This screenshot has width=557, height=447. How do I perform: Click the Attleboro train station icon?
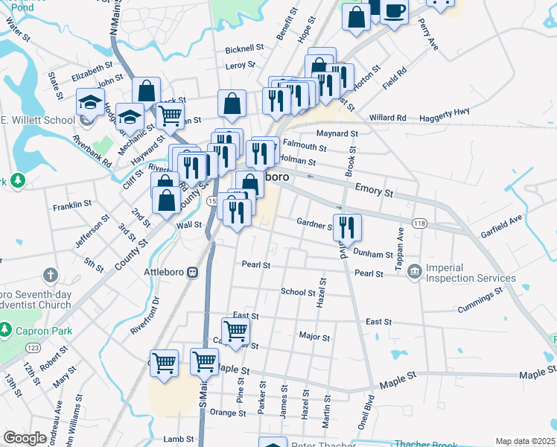pos(192,273)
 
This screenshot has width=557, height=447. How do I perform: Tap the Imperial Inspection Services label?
pos(471,273)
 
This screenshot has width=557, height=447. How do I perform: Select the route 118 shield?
pos(420,223)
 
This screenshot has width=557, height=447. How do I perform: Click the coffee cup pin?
pos(394,11)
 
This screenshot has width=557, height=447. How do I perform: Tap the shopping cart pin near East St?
pos(235,330)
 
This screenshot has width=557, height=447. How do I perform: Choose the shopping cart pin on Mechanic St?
pos(170,115)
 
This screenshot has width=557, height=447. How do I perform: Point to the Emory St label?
pos(374,191)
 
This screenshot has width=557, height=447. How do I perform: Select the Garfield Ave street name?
pos(501,222)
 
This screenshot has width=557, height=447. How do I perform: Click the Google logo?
pos(25,438)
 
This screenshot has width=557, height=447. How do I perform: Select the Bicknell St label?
pos(245,49)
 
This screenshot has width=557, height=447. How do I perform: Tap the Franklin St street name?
pos(72,203)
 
